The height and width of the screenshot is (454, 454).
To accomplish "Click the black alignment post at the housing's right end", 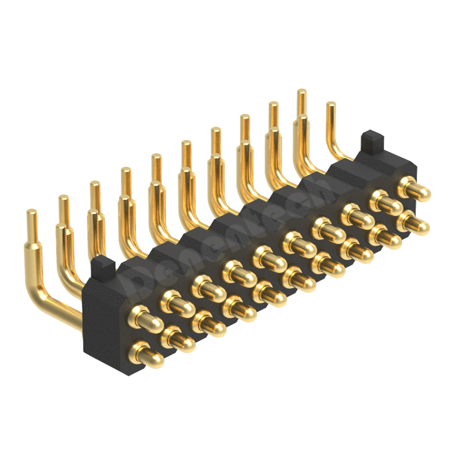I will [372, 138].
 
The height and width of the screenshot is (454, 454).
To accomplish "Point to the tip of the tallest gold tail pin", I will [302, 91].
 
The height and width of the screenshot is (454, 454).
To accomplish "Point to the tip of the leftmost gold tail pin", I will [32, 212].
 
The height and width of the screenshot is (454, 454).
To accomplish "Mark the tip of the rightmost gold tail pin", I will [331, 104].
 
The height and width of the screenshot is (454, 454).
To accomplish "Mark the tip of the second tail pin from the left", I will [64, 198].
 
